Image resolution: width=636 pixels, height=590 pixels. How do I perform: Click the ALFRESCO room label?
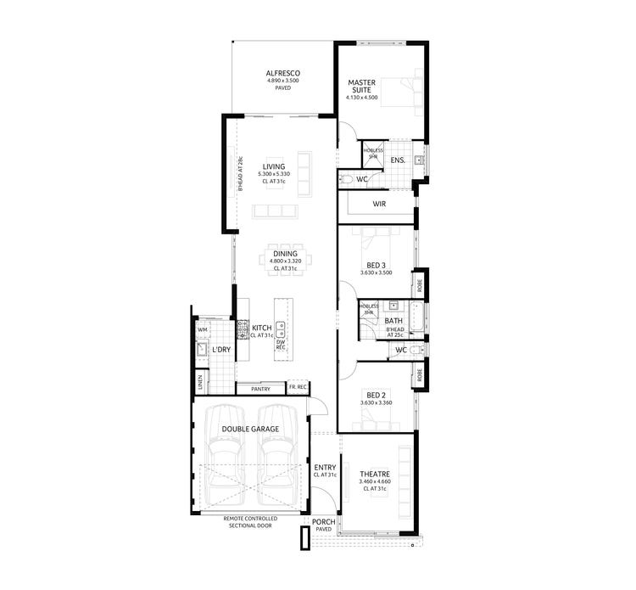tap(282, 74)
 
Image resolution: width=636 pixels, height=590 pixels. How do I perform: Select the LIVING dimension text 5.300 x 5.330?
tap(273, 175)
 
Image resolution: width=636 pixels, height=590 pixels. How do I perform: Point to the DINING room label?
tap(284, 254)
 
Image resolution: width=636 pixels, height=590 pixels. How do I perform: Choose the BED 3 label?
tap(376, 265)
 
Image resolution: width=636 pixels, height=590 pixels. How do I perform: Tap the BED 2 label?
tap(376, 395)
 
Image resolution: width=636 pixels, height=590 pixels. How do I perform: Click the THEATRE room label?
tap(374, 474)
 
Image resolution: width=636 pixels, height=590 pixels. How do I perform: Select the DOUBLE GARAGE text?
tap(250, 430)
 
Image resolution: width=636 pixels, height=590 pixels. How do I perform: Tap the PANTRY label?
tap(260, 389)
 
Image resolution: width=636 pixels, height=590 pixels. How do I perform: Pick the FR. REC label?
tap(297, 387)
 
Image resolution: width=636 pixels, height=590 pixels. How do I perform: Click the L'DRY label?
tap(221, 350)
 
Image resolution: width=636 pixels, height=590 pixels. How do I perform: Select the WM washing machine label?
tap(202, 329)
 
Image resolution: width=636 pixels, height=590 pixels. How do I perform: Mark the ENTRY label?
tap(325, 468)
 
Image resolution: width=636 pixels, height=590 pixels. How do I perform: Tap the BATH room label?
tap(393, 321)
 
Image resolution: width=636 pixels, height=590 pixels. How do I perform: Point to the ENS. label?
tap(396, 160)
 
